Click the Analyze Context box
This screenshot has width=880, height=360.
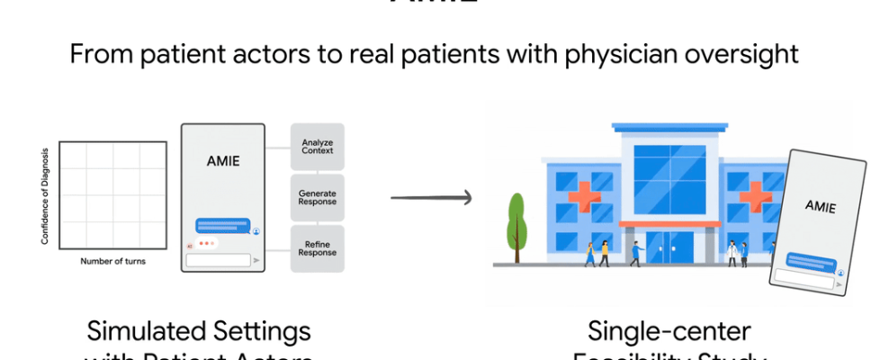[318, 146]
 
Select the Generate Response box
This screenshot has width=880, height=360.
[318, 197]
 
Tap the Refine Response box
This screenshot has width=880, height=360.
[318, 247]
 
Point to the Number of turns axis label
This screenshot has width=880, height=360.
[113, 262]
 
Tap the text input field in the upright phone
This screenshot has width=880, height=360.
[217, 260]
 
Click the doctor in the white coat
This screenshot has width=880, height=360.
[732, 252]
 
